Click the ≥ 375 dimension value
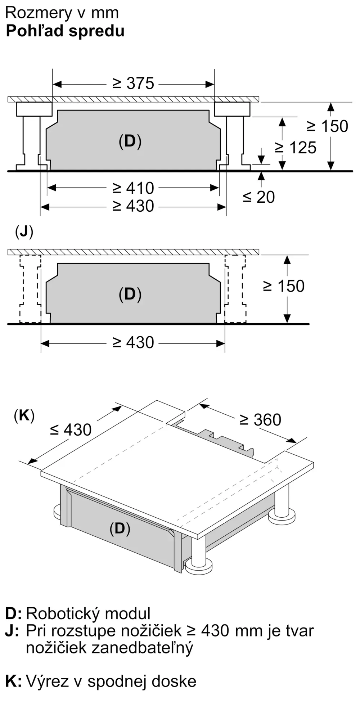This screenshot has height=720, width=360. tap(133, 84)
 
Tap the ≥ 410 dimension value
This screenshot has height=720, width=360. tap(133, 188)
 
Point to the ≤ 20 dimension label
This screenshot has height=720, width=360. tap(258, 197)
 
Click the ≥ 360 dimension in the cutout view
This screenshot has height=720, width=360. tap(260, 420)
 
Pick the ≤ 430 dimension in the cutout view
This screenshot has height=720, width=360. tap(71, 429)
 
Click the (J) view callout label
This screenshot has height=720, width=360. tap(24, 232)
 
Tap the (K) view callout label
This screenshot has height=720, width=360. tap(24, 416)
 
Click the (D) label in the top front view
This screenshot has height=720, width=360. tap(130, 141)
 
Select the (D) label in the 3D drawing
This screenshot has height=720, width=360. tap(120, 528)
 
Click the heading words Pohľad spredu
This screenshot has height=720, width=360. tap(65, 31)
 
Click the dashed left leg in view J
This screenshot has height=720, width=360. tap(30, 289)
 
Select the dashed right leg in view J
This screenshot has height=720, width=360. tap(235, 289)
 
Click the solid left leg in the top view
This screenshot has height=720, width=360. tap(32, 136)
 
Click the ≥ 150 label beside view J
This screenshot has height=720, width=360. tap(284, 286)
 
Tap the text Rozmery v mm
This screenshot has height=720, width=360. tap(62, 13)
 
